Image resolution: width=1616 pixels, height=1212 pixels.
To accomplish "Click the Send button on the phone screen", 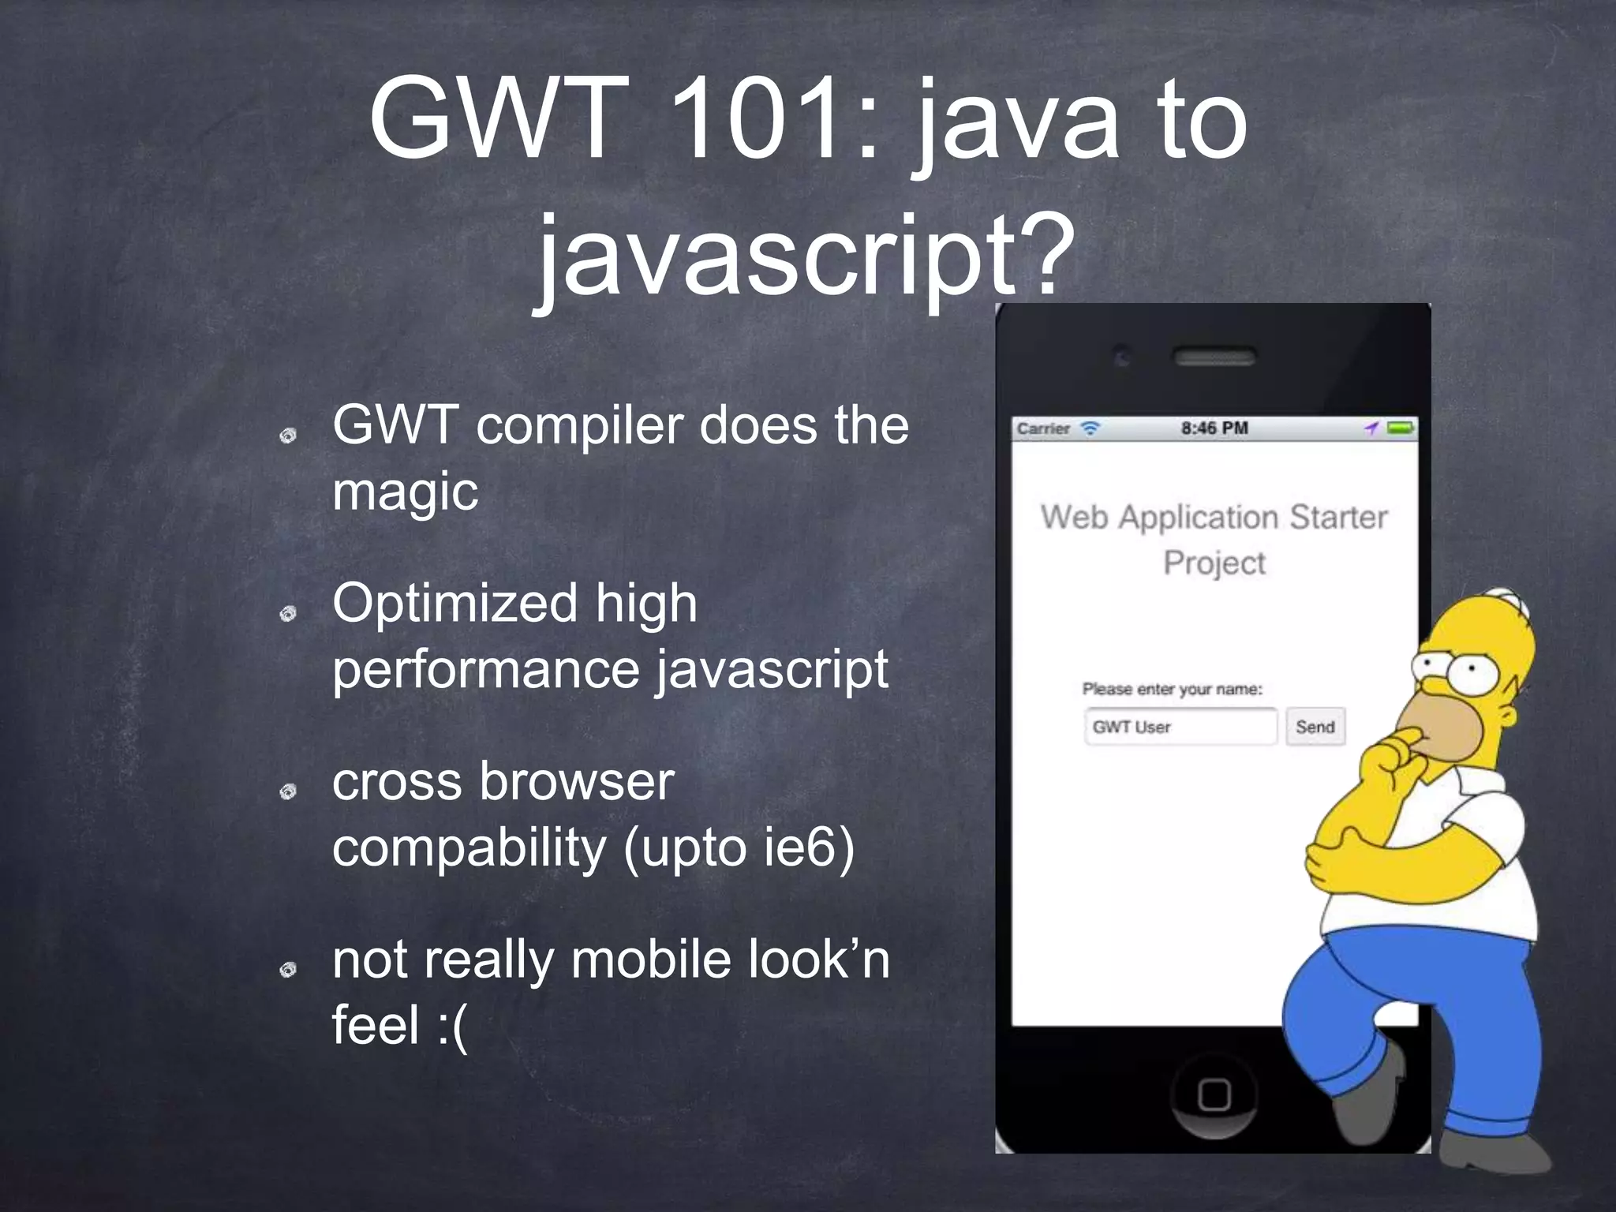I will [x=1315, y=727].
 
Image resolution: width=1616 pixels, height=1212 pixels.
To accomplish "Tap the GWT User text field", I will [x=1180, y=727].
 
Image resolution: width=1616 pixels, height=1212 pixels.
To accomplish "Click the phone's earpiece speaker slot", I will [x=1214, y=357].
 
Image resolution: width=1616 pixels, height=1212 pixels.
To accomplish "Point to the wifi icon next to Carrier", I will [x=1090, y=428].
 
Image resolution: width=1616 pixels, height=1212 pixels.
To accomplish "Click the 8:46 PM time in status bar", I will [x=1214, y=428].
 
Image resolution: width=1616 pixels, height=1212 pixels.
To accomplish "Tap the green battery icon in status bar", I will [x=1401, y=428].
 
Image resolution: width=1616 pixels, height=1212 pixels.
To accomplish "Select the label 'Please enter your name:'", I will [x=1172, y=690].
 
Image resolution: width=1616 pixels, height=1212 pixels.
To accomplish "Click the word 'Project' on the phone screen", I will [x=1214, y=563].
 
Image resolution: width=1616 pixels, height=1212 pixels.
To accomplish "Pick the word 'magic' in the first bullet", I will [x=405, y=492].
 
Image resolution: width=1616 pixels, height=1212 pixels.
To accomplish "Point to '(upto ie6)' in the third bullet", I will [x=739, y=848].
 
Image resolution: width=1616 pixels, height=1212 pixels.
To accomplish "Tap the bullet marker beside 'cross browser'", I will [x=289, y=791].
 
